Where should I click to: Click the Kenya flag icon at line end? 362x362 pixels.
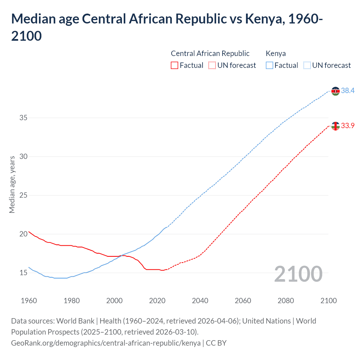[335, 91]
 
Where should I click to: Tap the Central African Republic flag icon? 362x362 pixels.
[335, 126]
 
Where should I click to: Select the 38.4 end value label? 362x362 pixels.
[348, 91]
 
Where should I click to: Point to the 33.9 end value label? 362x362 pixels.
[348, 126]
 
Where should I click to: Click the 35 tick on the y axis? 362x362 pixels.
[23, 118]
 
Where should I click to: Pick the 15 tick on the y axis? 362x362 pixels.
[23, 273]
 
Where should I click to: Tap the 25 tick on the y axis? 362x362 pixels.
[23, 195]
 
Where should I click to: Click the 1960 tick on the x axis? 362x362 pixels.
[29, 301]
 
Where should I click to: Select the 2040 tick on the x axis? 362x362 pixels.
[200, 301]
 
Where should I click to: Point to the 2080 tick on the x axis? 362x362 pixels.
[286, 301]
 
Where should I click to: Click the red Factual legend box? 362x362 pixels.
[174, 65]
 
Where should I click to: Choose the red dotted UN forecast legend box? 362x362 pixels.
[212, 65]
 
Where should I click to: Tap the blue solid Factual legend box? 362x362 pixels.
[270, 65]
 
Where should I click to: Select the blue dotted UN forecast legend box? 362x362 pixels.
[307, 65]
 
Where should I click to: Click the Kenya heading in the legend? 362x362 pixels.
[276, 53]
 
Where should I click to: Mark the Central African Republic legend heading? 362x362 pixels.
[210, 53]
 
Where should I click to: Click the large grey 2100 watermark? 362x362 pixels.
[298, 274]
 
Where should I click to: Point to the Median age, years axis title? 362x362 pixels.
[12, 184]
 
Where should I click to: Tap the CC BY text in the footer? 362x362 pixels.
[216, 343]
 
